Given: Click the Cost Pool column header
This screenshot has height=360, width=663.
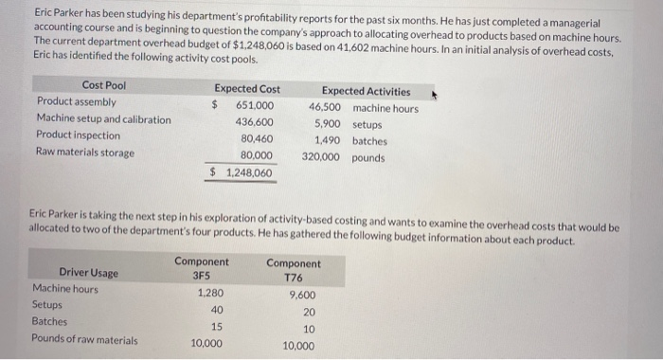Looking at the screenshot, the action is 103,85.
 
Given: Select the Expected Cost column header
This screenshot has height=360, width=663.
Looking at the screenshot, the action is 246,88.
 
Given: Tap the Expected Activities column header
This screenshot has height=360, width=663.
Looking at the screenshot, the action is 366,91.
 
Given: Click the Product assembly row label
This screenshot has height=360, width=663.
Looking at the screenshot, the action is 76,102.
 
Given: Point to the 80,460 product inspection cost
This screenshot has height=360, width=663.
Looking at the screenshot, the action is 257,138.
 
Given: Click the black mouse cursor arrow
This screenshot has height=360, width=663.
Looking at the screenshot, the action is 435,93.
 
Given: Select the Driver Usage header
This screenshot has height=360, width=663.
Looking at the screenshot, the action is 88,273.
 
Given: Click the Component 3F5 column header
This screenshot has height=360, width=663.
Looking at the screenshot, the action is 201,268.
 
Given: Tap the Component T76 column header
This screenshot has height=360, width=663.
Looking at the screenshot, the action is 293,270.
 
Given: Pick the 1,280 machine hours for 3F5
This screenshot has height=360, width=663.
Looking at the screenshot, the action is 209,294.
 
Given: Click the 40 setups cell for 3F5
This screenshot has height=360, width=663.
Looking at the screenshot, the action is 217,310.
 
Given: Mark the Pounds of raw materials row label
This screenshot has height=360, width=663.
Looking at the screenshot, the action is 84,340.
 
